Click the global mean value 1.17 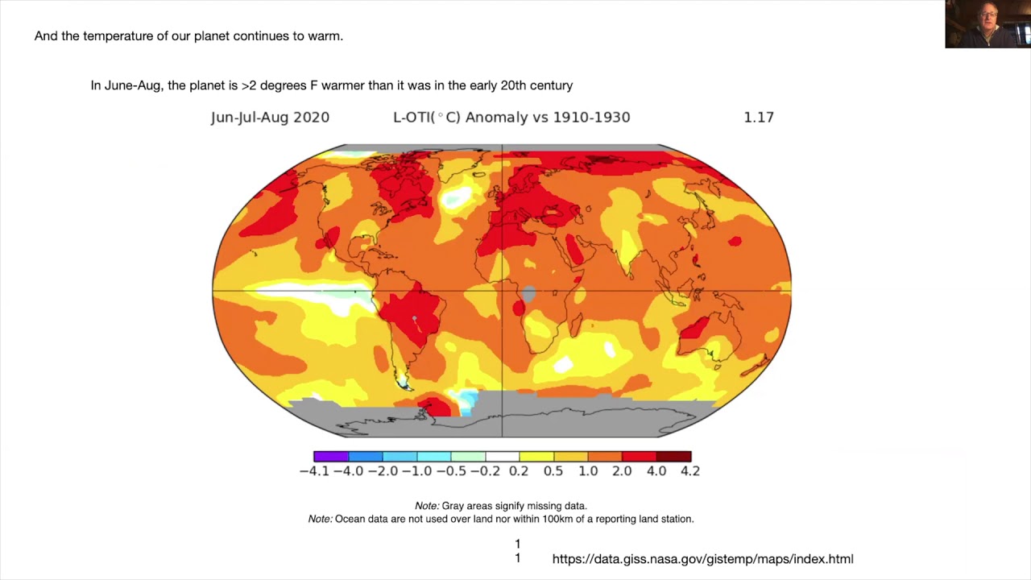coord(759,117)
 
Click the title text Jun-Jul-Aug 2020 coord(270,117)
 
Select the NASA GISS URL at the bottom coord(702,558)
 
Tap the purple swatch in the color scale coord(330,456)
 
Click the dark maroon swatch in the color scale coord(673,456)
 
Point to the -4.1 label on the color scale coord(314,471)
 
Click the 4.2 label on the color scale coord(690,471)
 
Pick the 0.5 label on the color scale coord(553,471)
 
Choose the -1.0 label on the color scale coord(417,471)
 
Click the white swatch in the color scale coord(502,456)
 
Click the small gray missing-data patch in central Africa coord(528,294)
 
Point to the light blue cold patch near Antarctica coord(465,400)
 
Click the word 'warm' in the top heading coord(325,36)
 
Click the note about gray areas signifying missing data coord(500,506)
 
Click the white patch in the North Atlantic coord(458,196)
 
